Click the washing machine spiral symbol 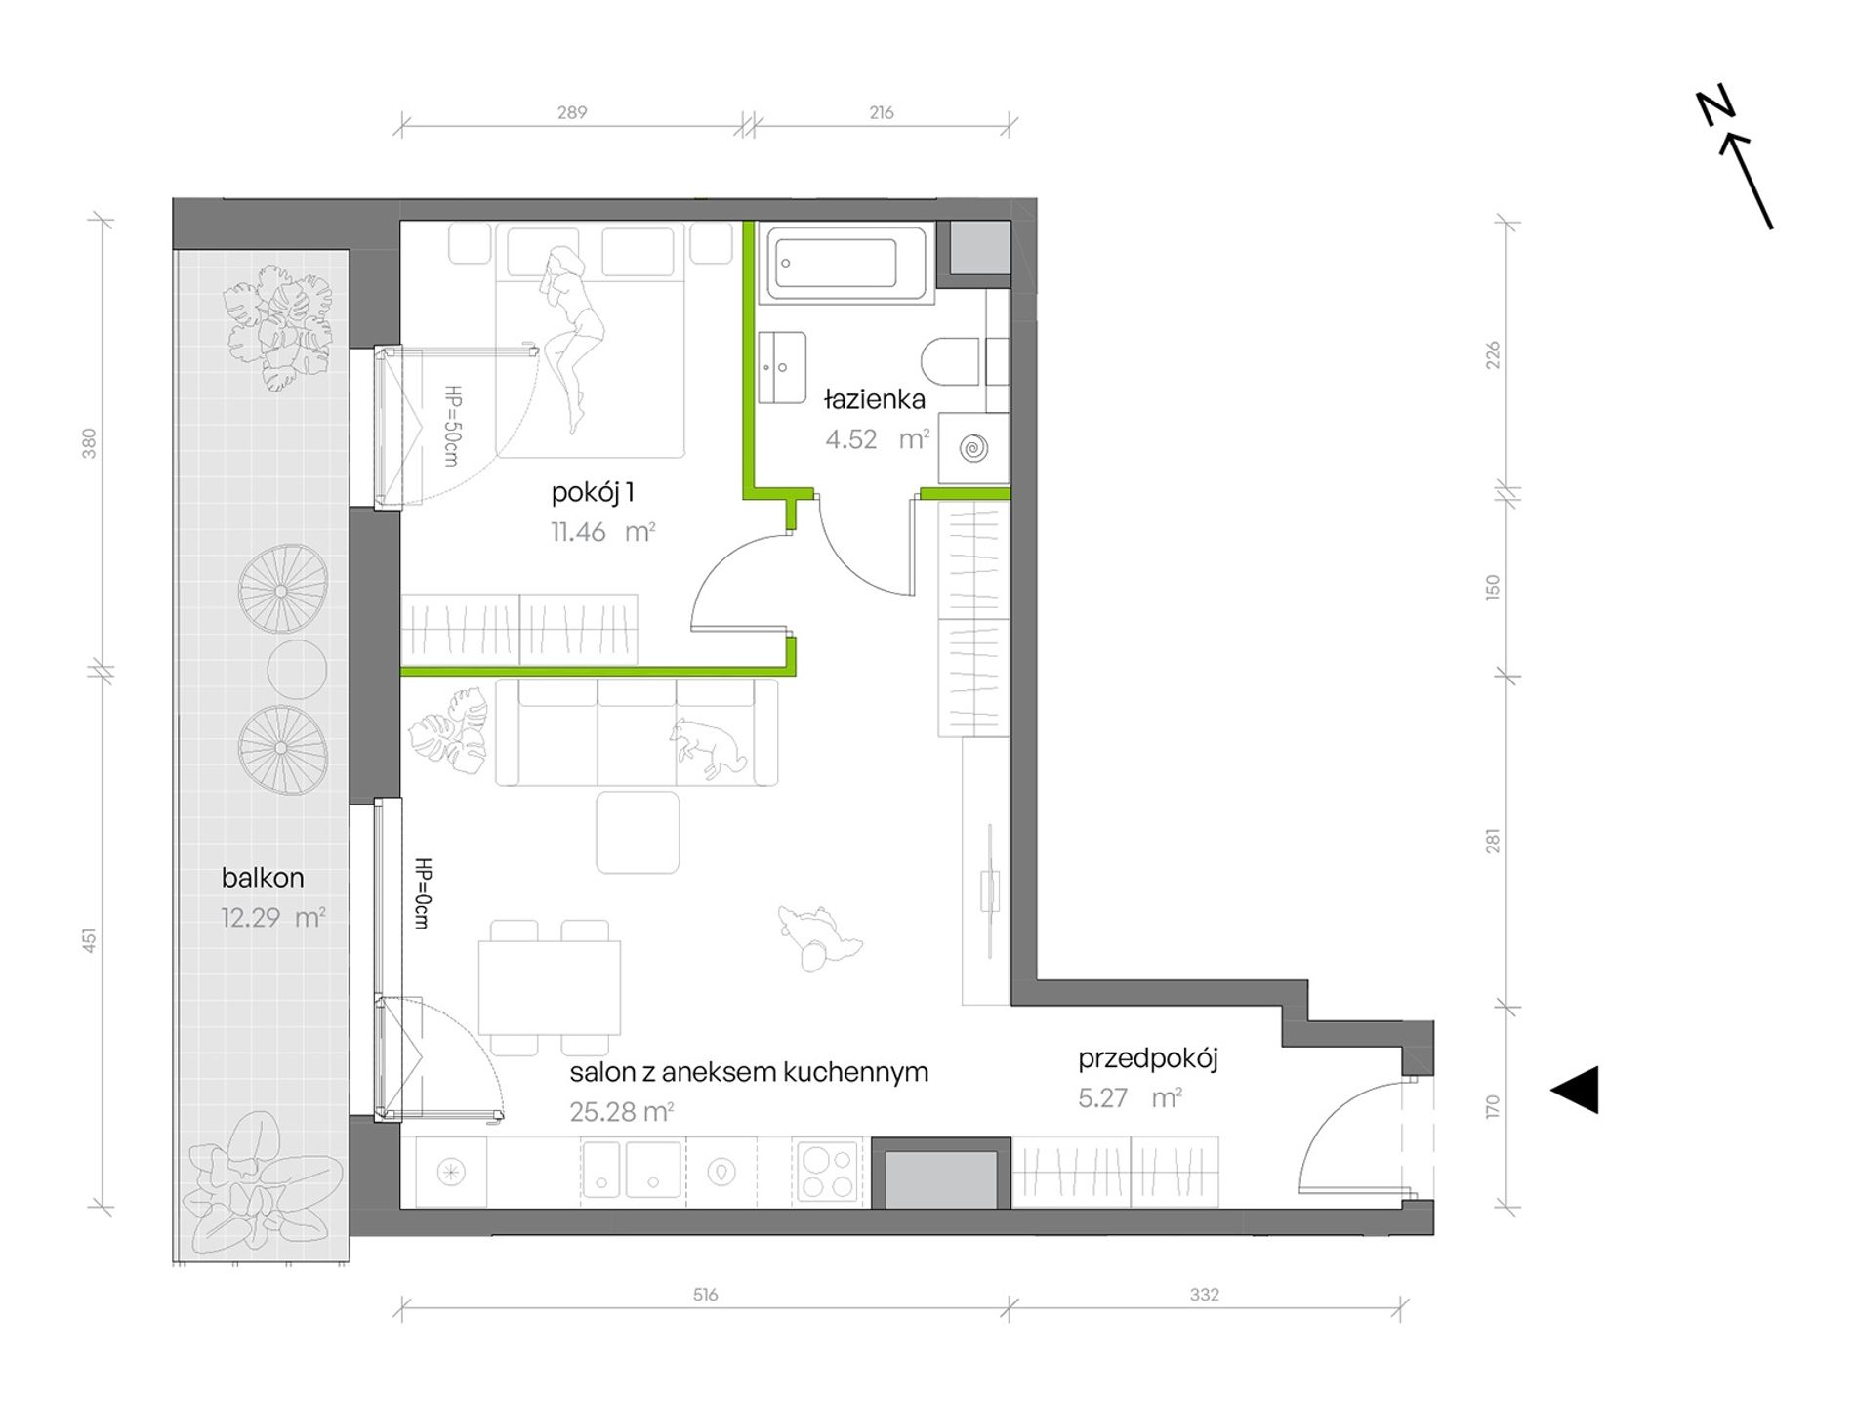coord(973,449)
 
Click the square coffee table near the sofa coord(638,833)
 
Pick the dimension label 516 coord(705,1295)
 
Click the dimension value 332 coord(1204,1295)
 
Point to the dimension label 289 coord(572,112)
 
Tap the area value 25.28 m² coord(622,1111)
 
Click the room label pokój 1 coord(593,492)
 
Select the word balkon coord(263,877)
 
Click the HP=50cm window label coord(451,425)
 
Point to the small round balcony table coord(297,669)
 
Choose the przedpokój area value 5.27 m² coord(1130,1097)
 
